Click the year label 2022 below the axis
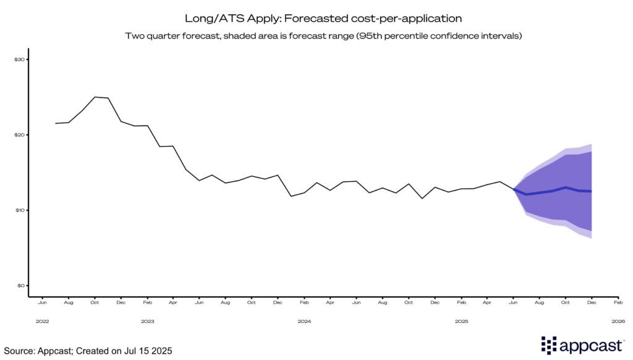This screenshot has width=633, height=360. pyautogui.click(x=42, y=321)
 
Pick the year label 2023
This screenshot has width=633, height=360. pyautogui.click(x=147, y=321)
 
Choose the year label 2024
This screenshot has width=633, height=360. pyautogui.click(x=304, y=321)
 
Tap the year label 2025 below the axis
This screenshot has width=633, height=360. pyautogui.click(x=461, y=321)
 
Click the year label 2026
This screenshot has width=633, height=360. pyautogui.click(x=618, y=321)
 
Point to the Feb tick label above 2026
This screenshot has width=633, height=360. pyautogui.click(x=618, y=303)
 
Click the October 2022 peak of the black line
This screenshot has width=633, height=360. pyautogui.click(x=95, y=97)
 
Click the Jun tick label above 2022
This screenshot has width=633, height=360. pyautogui.click(x=42, y=303)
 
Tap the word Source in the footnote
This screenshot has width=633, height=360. pyautogui.click(x=19, y=351)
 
